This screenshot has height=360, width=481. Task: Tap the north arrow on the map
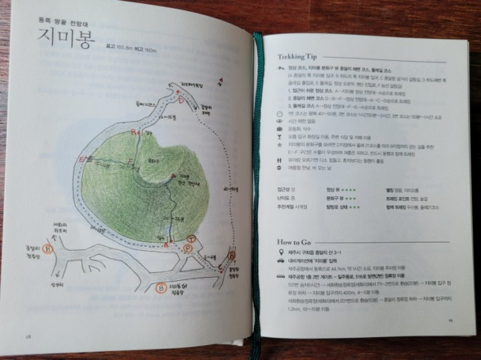click(220, 79)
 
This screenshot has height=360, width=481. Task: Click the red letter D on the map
click(180, 99)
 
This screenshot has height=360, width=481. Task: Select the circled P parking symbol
click(188, 249)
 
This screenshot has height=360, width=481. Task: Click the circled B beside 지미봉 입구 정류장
click(160, 288)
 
